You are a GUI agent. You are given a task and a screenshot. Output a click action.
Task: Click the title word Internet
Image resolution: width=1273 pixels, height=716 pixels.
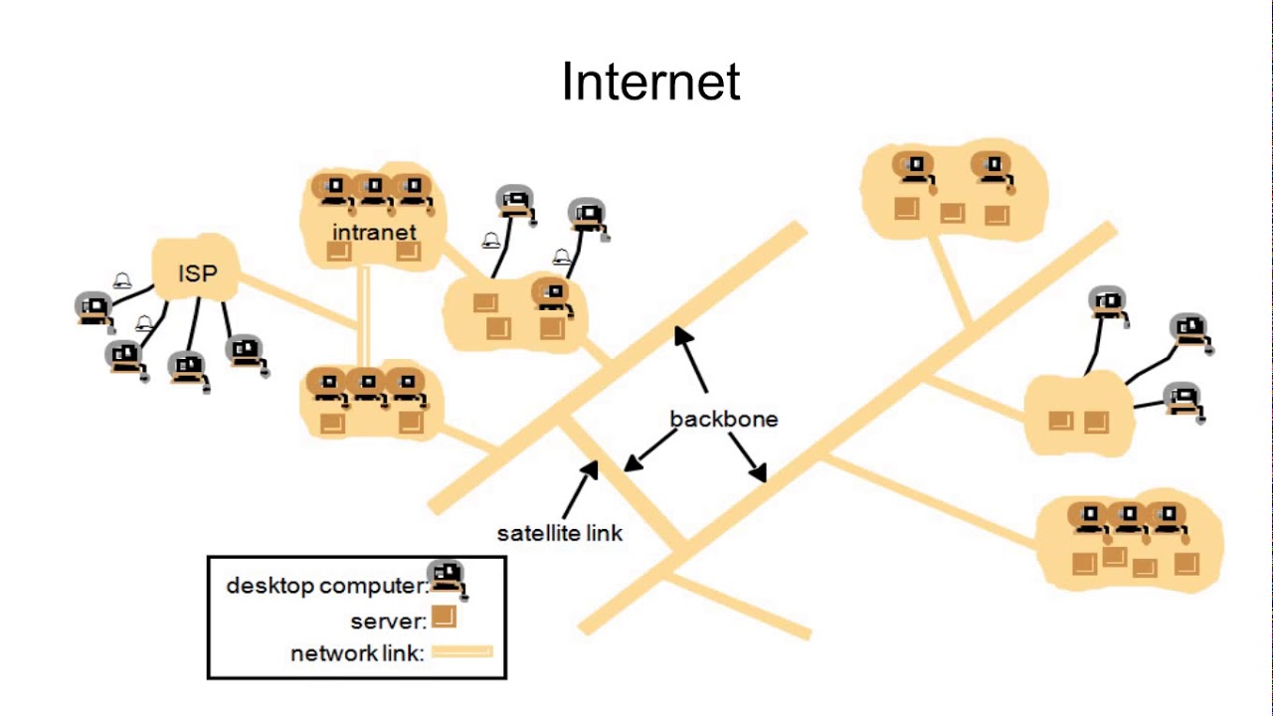tap(650, 82)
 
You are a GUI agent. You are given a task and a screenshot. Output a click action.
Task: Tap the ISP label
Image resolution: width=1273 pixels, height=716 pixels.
tap(197, 272)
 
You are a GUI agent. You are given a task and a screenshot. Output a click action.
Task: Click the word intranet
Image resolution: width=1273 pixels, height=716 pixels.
tap(374, 232)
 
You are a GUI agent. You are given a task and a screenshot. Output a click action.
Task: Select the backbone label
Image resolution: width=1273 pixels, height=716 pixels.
tap(723, 419)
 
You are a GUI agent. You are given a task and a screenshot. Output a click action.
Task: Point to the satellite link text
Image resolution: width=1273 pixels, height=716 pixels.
tap(560, 533)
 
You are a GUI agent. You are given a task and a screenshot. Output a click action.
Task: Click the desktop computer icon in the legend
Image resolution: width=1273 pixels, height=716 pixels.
tap(449, 579)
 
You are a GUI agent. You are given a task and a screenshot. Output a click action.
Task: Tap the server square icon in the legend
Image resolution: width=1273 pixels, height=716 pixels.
tap(444, 618)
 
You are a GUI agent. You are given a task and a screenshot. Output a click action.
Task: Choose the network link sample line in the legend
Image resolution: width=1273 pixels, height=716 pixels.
tap(460, 652)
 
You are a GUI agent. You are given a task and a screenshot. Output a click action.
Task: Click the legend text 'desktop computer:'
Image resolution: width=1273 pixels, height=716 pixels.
tap(327, 586)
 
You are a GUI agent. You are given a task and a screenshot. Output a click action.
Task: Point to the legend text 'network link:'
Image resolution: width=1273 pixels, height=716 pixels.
tap(357, 653)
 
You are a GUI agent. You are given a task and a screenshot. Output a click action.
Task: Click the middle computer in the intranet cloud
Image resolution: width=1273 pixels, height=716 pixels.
tap(373, 191)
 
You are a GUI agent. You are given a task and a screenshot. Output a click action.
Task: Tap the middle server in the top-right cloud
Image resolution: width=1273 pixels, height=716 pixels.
tap(952, 213)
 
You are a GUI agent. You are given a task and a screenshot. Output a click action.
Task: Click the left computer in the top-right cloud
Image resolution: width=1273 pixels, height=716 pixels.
tap(913, 170)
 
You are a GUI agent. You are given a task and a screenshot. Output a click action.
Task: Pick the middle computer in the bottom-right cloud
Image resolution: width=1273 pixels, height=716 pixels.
tap(1128, 520)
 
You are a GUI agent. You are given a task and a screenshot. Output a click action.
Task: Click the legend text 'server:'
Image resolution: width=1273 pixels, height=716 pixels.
tap(388, 622)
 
